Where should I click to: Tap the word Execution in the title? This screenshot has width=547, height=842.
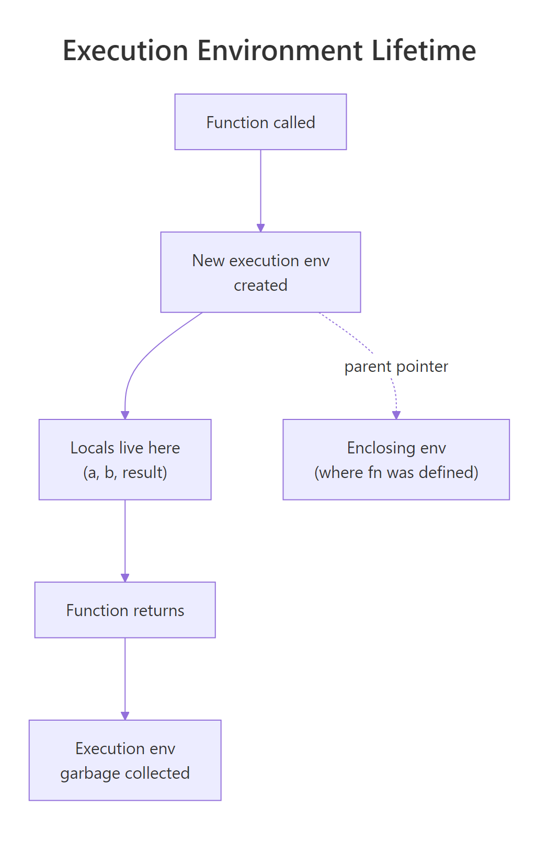click(x=126, y=51)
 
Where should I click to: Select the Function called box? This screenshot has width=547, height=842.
click(x=260, y=122)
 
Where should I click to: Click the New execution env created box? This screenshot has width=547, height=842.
click(x=260, y=272)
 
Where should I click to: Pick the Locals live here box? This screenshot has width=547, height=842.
click(x=125, y=459)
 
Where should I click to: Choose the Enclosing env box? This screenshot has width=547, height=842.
click(x=396, y=459)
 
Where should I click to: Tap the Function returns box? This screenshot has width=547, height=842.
click(x=125, y=610)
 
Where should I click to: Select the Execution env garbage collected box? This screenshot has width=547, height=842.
click(x=125, y=760)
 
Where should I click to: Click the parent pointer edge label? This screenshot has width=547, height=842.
click(x=396, y=367)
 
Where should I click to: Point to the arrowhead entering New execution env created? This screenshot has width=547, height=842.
click(x=260, y=227)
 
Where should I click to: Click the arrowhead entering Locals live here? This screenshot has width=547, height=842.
click(x=125, y=415)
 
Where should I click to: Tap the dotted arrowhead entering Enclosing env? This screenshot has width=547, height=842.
click(x=396, y=415)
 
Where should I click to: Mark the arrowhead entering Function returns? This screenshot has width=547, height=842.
click(x=125, y=578)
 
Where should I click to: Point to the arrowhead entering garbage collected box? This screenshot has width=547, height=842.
click(x=125, y=716)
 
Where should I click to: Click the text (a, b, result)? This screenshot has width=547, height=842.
click(x=125, y=472)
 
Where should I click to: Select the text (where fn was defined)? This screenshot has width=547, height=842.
click(x=396, y=472)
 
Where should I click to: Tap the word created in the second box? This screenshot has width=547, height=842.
click(x=260, y=285)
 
